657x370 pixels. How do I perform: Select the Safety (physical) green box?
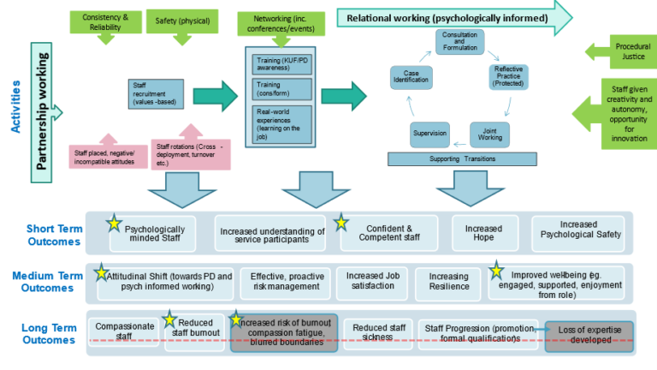(183, 20)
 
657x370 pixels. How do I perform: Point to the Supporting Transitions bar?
(467, 159)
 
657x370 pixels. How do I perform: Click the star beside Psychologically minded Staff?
(113, 223)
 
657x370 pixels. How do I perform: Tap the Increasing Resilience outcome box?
(449, 282)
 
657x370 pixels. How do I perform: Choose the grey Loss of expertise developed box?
(589, 334)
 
